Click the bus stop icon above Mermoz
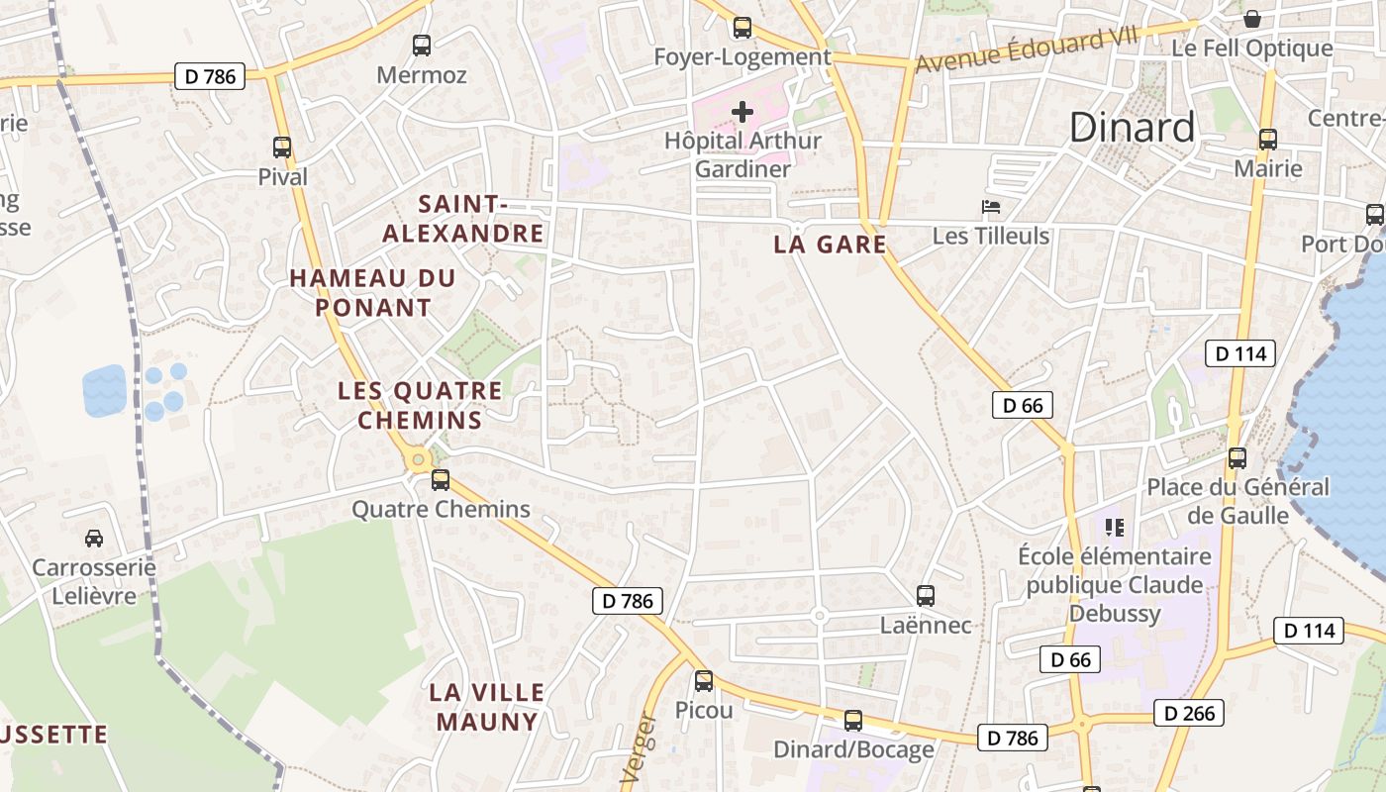tap(422, 45)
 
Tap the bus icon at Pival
tap(282, 148)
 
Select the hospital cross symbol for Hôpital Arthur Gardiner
tap(742, 112)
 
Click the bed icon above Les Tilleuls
tap(991, 207)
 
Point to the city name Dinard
tap(1133, 128)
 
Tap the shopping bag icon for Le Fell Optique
tap(1252, 19)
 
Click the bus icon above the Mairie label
tap(1268, 140)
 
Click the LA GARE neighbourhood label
tap(830, 245)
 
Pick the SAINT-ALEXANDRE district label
tap(463, 219)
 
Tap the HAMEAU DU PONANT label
tap(372, 293)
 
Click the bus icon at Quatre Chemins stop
tap(441, 480)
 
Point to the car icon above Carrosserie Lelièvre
tap(94, 539)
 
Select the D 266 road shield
tap(1189, 713)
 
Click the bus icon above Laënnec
tap(926, 596)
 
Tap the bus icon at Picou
tap(704, 681)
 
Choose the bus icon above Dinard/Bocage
tap(853, 721)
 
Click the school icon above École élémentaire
tap(1115, 528)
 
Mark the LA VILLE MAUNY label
tap(487, 707)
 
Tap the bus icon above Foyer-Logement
tap(742, 28)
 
